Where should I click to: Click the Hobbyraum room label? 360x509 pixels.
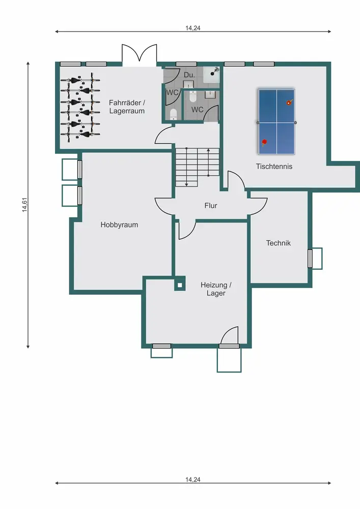point(119,224)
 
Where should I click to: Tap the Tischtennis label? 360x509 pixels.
point(274,166)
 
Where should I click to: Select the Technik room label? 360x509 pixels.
point(278,243)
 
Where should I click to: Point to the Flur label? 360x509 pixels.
point(211,206)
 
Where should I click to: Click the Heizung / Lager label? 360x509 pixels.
point(216,289)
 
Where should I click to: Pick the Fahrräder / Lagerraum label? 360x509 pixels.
point(127,107)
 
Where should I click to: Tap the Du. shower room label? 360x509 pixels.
point(189,75)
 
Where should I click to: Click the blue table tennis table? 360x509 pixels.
point(276,122)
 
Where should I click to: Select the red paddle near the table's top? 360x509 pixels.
point(289,102)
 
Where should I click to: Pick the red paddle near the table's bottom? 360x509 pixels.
point(264,142)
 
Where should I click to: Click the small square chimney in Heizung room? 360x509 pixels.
point(180,286)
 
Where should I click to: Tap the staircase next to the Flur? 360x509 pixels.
point(198,167)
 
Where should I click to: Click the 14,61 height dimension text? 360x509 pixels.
point(24,205)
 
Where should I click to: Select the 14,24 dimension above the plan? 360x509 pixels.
point(193,28)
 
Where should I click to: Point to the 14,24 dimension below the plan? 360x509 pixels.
point(193,479)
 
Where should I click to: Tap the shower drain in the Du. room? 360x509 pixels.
point(213,74)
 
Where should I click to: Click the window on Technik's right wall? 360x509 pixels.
point(310,259)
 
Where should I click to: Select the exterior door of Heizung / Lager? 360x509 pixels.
point(229,336)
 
